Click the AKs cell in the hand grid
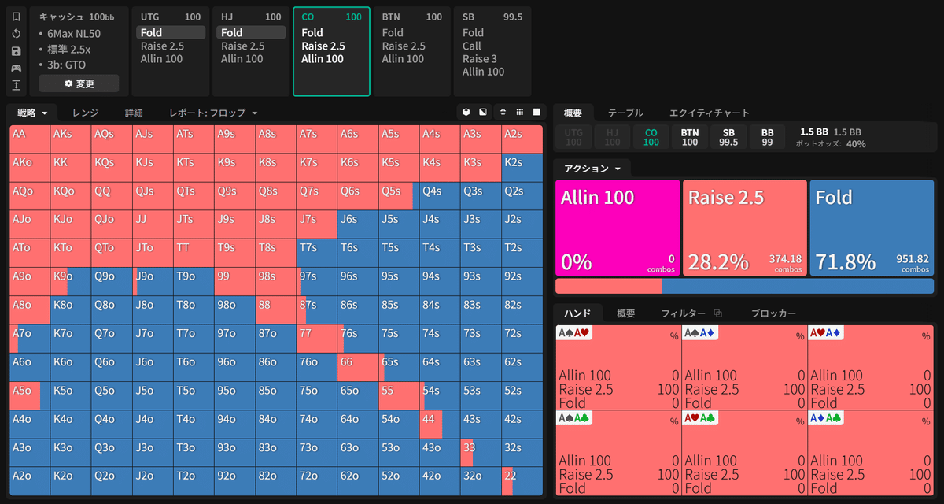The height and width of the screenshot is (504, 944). click(71, 139)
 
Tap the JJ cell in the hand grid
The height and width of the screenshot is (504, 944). click(153, 224)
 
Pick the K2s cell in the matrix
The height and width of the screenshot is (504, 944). click(522, 167)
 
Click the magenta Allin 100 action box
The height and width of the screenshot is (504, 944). click(617, 228)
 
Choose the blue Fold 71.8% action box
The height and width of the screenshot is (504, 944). click(872, 228)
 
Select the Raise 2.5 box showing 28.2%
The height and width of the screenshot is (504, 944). click(744, 228)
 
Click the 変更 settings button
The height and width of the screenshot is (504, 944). click(79, 83)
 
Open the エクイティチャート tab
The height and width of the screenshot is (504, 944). click(709, 113)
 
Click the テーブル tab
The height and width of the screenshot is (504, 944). click(625, 113)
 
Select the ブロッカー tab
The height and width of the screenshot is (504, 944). click(773, 313)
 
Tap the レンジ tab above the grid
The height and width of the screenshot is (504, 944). click(85, 113)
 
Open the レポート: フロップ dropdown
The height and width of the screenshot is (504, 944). click(213, 113)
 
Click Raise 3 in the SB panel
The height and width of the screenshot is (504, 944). click(479, 59)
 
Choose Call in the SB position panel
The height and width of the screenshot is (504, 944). click(472, 46)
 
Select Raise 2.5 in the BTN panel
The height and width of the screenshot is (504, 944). click(404, 46)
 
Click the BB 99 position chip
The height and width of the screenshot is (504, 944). click(766, 137)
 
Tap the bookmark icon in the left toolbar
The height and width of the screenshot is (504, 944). click(17, 17)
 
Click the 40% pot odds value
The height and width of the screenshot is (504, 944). click(856, 144)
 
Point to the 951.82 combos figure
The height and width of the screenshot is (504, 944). click(912, 259)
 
